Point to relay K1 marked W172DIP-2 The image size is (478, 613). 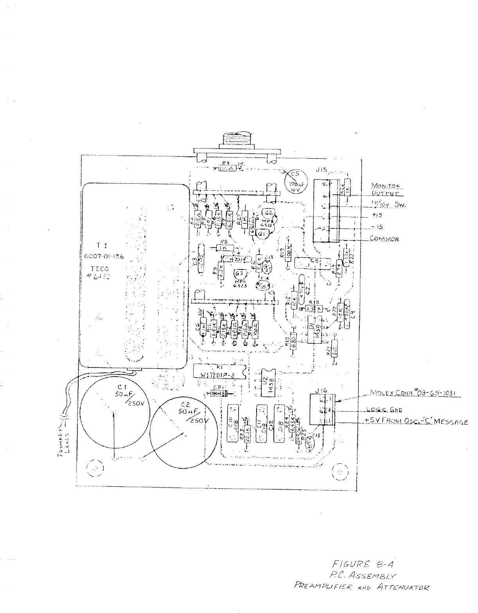pyautogui.click(x=219, y=371)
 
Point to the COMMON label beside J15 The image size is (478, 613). pyautogui.click(x=384, y=239)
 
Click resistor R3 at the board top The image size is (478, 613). pyautogui.click(x=226, y=168)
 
